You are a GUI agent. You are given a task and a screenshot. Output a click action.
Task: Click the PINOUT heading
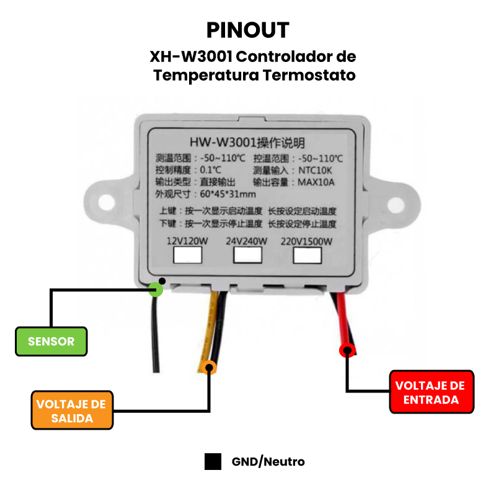pyautogui.click(x=247, y=30)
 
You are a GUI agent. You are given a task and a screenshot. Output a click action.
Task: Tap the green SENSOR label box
pyautogui.click(x=51, y=341)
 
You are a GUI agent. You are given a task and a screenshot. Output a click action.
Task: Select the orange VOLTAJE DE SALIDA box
pyautogui.click(x=72, y=410)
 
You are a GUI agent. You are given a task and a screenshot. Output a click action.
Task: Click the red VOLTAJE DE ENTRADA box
pyautogui.click(x=432, y=392)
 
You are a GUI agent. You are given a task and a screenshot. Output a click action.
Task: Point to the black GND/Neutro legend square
pyautogui.click(x=213, y=462)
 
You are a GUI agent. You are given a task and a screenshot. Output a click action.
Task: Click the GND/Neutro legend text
pyautogui.click(x=268, y=462)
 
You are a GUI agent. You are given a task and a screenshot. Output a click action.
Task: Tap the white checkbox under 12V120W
pyautogui.click(x=188, y=255)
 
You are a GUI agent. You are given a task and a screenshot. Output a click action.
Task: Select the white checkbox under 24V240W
pyautogui.click(x=247, y=255)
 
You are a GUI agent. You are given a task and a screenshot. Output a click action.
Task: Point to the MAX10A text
pyautogui.click(x=316, y=182)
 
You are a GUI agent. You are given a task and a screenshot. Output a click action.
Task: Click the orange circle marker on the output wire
pyautogui.click(x=210, y=367)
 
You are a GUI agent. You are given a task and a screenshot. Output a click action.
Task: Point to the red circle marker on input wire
pyautogui.click(x=347, y=350)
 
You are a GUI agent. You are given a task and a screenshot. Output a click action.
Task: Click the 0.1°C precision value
pyautogui.click(x=210, y=170)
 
